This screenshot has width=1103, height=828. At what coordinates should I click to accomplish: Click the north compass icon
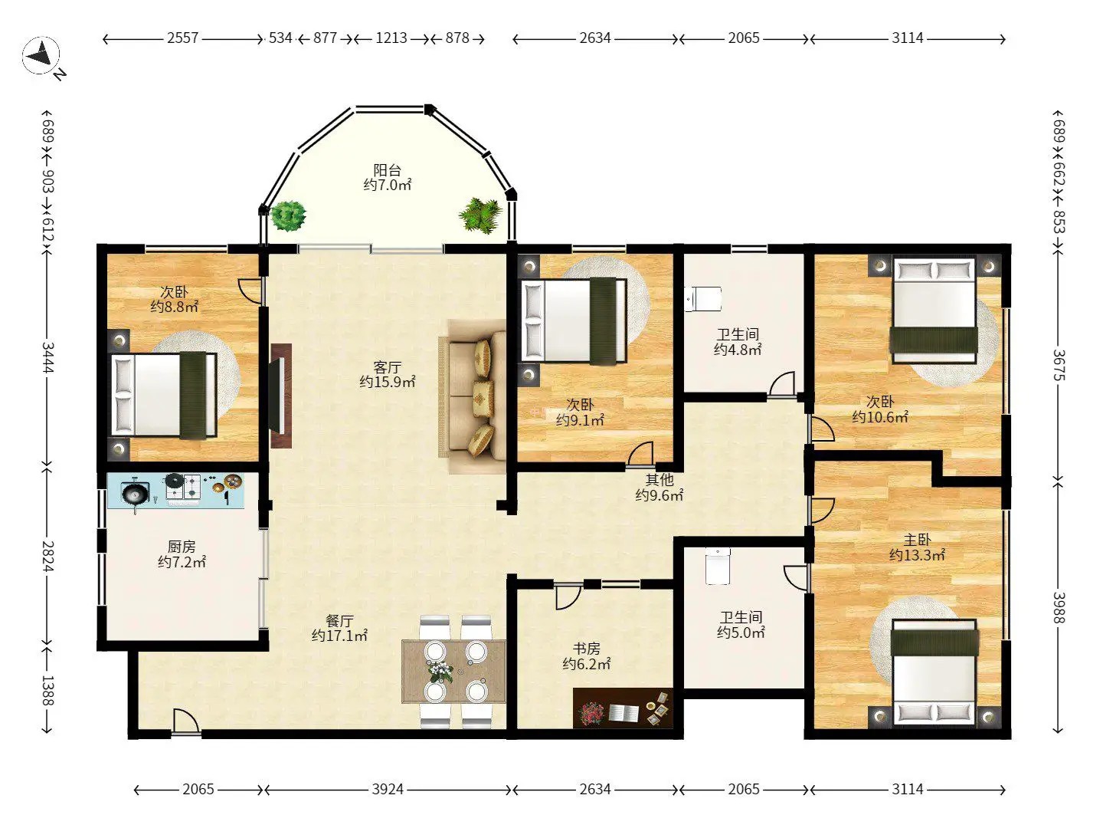point(41,55)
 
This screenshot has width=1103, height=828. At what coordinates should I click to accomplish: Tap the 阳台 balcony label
point(387,170)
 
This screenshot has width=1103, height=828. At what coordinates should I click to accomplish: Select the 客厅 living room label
point(387,367)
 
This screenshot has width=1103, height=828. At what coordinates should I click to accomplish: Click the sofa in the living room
point(473,396)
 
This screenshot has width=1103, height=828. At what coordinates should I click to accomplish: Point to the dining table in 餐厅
point(453,671)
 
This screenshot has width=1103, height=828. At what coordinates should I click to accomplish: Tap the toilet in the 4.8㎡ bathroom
point(703,299)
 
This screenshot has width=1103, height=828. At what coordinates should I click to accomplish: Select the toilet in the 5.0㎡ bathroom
point(718,566)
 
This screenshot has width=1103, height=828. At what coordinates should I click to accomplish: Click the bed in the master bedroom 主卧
point(934,674)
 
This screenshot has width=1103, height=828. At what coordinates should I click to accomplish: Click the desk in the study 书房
point(623,708)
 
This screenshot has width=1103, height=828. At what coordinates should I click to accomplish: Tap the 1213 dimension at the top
point(391,38)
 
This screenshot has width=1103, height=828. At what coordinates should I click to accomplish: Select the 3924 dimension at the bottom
point(388,790)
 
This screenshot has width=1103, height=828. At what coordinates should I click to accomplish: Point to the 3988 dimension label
point(1059,608)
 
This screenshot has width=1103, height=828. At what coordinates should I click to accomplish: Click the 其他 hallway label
point(660,480)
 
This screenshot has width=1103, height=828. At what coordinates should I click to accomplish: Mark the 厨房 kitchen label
point(182,547)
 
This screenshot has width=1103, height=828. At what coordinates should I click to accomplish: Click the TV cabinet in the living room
point(281,396)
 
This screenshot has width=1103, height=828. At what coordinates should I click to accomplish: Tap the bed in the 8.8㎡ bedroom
point(164,395)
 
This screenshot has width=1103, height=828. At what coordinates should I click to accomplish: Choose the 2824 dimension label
point(47,557)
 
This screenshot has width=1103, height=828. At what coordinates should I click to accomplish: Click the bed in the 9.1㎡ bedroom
point(574,320)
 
